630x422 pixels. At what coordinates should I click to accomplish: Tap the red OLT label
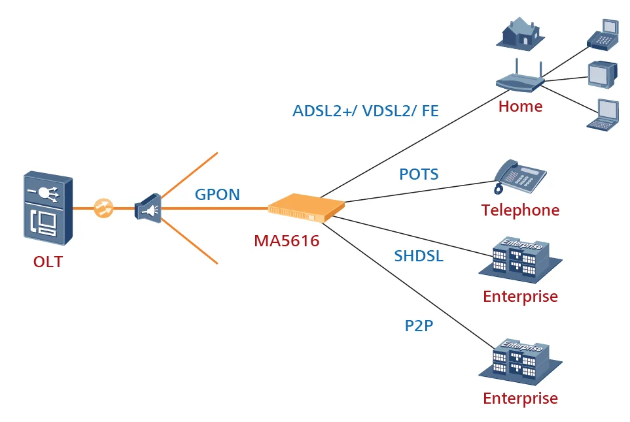pos(48,262)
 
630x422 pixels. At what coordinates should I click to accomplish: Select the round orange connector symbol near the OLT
pos(103,208)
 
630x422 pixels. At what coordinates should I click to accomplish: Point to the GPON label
pos(217,194)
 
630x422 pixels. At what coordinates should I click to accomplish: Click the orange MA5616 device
pos(306,208)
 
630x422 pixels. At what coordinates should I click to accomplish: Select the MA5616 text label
pos(287,241)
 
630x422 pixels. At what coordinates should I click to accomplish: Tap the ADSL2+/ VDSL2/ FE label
pos(365,111)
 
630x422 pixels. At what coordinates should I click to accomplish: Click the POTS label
pos(419,174)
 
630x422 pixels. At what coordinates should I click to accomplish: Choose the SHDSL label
pos(419,255)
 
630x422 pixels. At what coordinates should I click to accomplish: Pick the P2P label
pos(419,325)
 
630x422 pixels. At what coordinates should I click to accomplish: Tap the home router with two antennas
pos(520,80)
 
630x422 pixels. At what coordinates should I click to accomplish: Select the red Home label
pos(520,106)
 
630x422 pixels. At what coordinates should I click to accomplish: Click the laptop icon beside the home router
pos(602,116)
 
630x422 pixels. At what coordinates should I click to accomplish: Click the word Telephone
pos(520,210)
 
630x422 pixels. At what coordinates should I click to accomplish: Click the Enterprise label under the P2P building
pos(520,398)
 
